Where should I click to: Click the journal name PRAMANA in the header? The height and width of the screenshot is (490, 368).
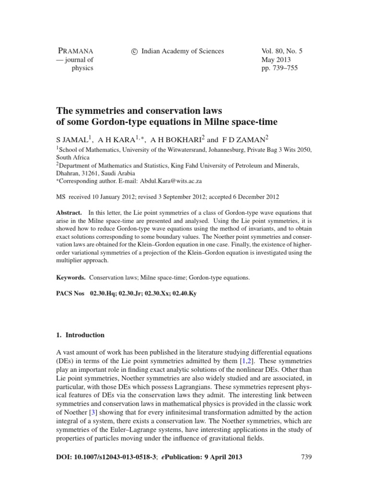(75, 51)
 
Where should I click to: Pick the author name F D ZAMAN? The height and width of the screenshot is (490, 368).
(245, 140)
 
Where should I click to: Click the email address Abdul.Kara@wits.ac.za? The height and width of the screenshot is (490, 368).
(173, 181)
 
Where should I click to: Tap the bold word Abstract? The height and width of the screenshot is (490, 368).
(69, 212)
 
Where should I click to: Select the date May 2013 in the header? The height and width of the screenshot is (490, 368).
(276, 60)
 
